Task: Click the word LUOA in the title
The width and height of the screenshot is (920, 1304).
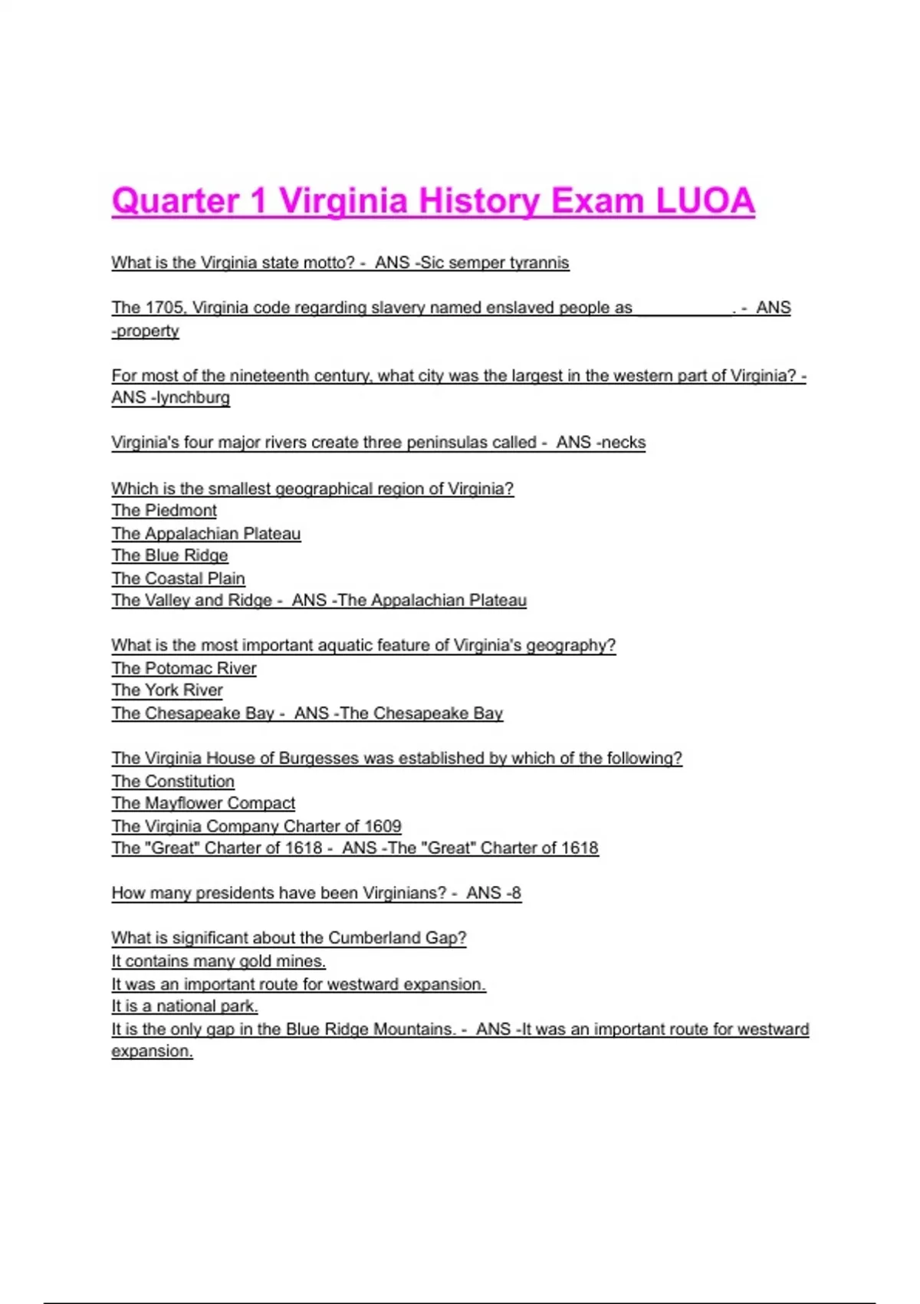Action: pos(705,201)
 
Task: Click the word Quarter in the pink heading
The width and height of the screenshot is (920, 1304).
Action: pos(176,201)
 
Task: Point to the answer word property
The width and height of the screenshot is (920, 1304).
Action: pos(147,331)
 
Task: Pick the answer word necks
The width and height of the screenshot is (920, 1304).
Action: pos(624,443)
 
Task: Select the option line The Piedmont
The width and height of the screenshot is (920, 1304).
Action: pos(164,511)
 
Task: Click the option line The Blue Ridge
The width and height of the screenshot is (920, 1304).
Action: pos(169,555)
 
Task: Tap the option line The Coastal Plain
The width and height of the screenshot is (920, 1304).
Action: pos(178,578)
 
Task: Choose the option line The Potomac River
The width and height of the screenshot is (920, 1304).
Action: pos(184,668)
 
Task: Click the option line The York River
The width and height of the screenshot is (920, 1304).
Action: pos(167,690)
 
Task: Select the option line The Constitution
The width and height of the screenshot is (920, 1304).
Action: pos(173,781)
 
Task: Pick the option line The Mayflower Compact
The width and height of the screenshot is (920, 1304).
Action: pos(203,803)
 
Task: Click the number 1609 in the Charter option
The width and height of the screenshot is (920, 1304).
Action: pos(383,826)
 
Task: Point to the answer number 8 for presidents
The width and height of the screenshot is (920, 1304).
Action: pos(517,893)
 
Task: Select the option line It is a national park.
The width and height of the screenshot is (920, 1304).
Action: pos(185,1006)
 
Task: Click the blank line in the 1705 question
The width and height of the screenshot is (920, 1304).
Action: pos(683,308)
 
